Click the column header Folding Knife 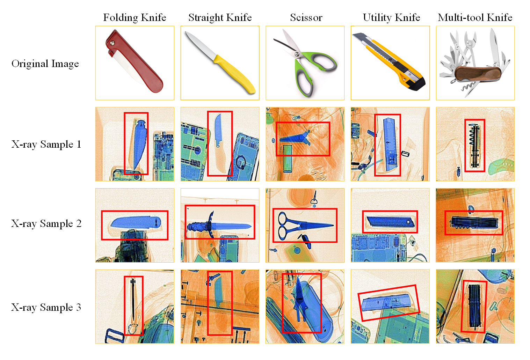pos(135,18)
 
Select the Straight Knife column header pos(220,18)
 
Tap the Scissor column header pos(306,18)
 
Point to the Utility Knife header pos(391,18)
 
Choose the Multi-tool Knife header pos(475,18)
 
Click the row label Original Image pos(45,64)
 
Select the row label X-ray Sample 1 pos(46,144)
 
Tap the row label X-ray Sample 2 pos(46,223)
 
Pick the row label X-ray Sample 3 pos(46,307)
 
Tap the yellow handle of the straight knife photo pos(234,74)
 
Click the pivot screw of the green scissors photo pos(296,55)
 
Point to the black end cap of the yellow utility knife pos(416,83)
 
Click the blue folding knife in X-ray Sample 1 pos(140,144)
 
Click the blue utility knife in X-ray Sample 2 pos(390,222)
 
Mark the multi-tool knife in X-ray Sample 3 pos(474,306)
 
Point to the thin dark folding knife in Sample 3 pos(133,299)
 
